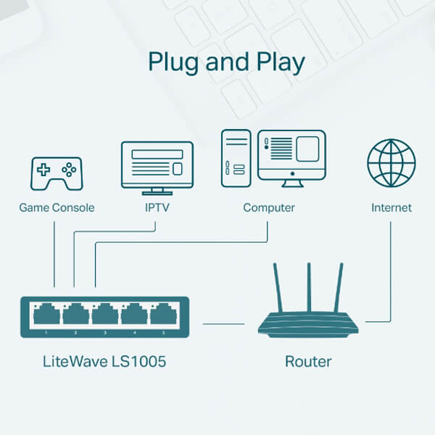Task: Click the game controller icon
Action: pyautogui.click(x=55, y=174)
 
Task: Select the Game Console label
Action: pyautogui.click(x=57, y=208)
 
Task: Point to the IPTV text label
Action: pyautogui.click(x=156, y=208)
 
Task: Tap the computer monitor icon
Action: pyautogui.click(x=291, y=154)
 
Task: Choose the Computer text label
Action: pyautogui.click(x=269, y=208)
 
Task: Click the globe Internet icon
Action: pyautogui.click(x=391, y=164)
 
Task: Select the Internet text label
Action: pyautogui.click(x=391, y=208)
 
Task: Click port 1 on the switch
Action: pyautogui.click(x=47, y=314)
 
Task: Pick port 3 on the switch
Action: pyautogui.click(x=105, y=314)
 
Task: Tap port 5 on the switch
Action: pyautogui.click(x=163, y=314)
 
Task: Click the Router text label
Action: pyautogui.click(x=307, y=360)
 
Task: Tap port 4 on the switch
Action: pyautogui.click(x=134, y=314)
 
